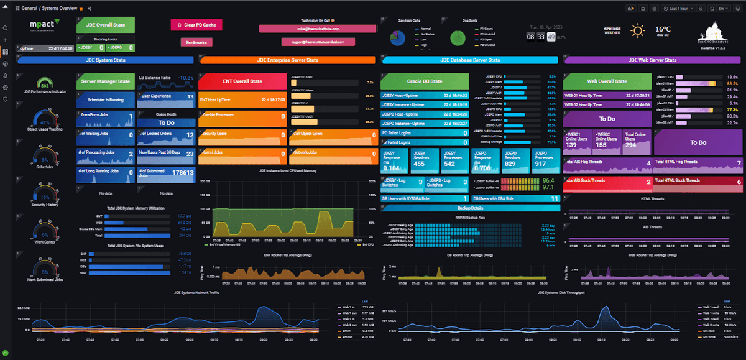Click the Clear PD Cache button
pyautogui.click(x=196, y=25)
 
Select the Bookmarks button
pyautogui.click(x=197, y=42)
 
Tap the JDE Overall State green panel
pyautogui.click(x=105, y=25)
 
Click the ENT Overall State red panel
pyautogui.click(x=242, y=81)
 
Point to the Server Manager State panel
pyautogui.click(x=105, y=81)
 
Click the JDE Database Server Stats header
pyautogui.click(x=471, y=60)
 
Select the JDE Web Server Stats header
pyautogui.click(x=653, y=60)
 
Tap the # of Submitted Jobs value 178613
pyautogui.click(x=182, y=173)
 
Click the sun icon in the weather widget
pyautogui.click(x=638, y=30)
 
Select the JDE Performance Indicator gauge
pyautogui.click(x=44, y=84)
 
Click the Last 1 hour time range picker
pyautogui.click(x=683, y=9)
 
